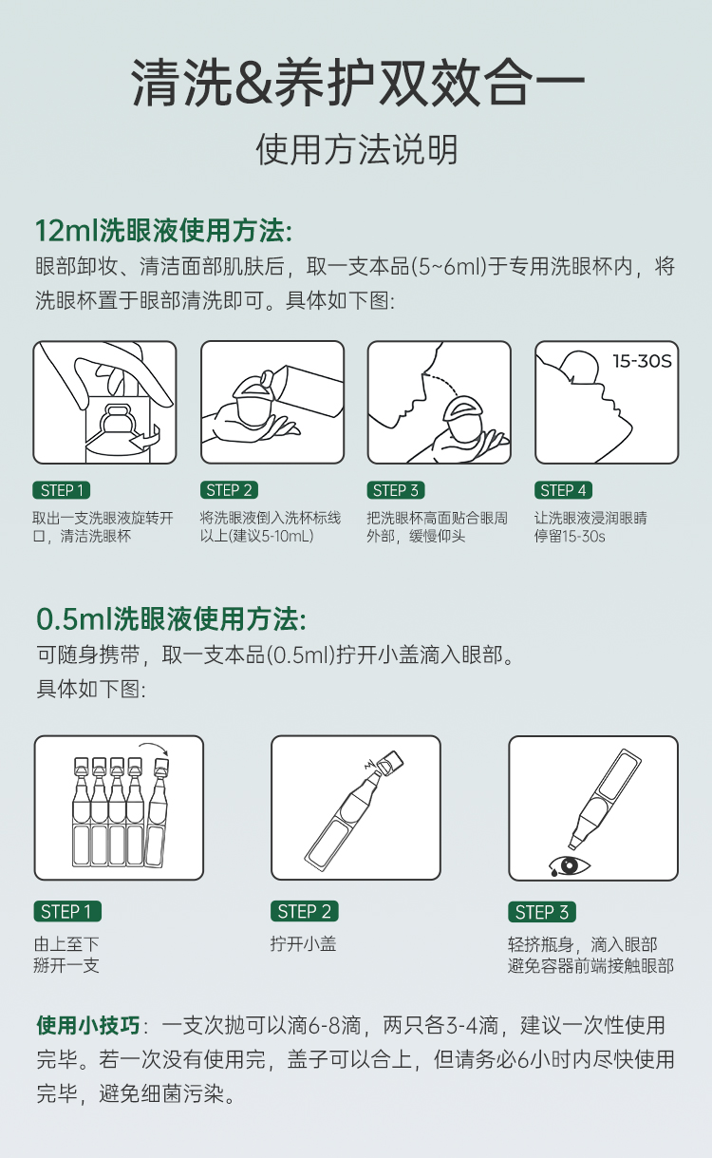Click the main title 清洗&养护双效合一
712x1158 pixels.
(x=358, y=84)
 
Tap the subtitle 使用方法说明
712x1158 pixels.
(x=357, y=150)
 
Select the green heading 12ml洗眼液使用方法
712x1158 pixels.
(x=163, y=231)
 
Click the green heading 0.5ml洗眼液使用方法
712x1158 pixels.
(x=171, y=618)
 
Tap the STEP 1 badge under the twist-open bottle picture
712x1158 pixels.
(x=62, y=490)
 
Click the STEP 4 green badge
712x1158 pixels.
(x=563, y=490)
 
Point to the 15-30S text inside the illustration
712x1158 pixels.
(x=643, y=361)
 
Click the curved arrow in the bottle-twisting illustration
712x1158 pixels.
(x=146, y=438)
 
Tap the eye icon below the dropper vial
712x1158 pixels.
(x=569, y=865)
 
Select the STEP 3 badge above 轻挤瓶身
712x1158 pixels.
(x=542, y=912)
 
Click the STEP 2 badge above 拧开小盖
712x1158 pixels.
(x=305, y=911)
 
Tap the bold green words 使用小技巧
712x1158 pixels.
(x=88, y=1025)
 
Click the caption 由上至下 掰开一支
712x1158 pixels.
(x=66, y=955)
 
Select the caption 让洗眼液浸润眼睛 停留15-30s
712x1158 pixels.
(x=590, y=527)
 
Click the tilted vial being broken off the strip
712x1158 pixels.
(x=157, y=811)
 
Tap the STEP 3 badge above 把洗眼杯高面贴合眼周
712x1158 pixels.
(x=396, y=490)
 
